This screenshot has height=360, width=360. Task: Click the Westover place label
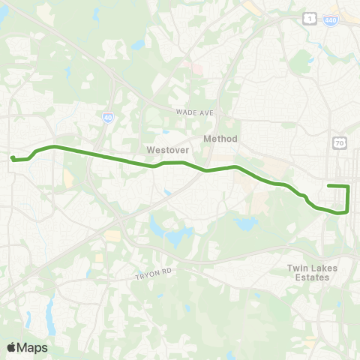click(166, 149)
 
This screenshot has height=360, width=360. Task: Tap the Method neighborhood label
click(220, 139)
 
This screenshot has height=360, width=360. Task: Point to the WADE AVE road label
click(195, 112)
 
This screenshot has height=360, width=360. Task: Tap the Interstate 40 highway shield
click(108, 117)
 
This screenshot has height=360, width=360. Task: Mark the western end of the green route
click(12, 157)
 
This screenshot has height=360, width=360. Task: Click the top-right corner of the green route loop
click(349, 186)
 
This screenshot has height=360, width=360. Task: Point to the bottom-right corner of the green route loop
click(347, 211)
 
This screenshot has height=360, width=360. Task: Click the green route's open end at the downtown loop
click(328, 185)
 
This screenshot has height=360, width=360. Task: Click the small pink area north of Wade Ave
click(197, 67)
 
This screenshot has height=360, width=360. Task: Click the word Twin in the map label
click(298, 267)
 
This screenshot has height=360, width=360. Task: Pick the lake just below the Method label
click(245, 223)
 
